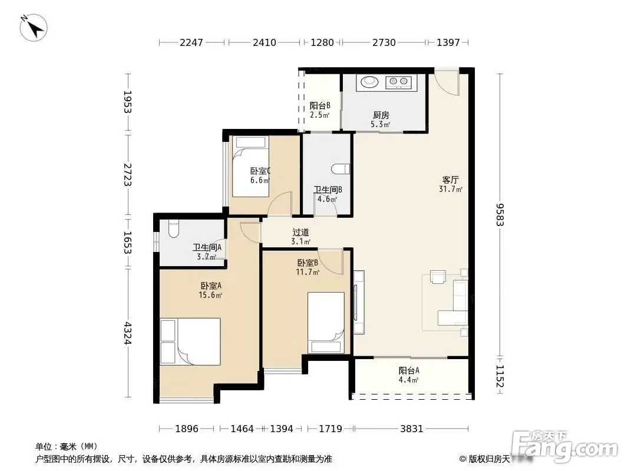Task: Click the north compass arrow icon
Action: pos(34,28)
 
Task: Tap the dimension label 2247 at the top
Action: pos(191,42)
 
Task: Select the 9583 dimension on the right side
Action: pos(500,215)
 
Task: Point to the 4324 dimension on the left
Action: pos(128,333)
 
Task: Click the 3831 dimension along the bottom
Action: pos(412,429)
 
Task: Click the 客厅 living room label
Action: pos(451,180)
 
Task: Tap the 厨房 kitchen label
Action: pos(381,115)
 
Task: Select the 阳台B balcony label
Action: pos(320,105)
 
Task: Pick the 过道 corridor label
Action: pos(301,232)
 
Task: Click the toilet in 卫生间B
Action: pos(341,169)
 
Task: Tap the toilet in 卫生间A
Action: pos(173,229)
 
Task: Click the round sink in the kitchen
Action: pos(369,82)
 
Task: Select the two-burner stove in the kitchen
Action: pos(398,82)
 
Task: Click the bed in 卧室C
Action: pos(251,167)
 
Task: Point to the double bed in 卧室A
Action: pos(190,341)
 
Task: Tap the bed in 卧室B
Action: pos(326,323)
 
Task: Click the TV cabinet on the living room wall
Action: pos(359,303)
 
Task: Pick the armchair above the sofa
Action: pos(438,277)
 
